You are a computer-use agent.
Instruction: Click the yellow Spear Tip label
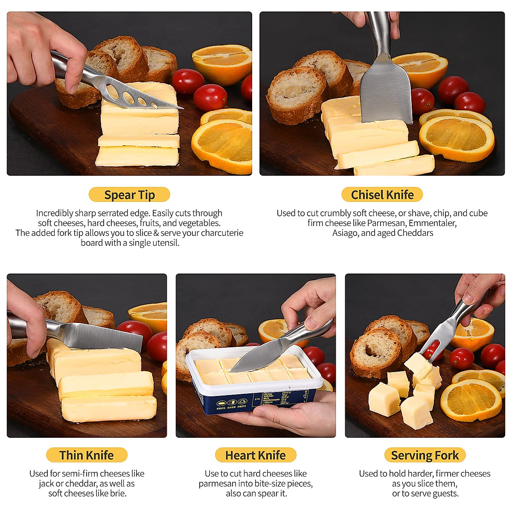[129, 195]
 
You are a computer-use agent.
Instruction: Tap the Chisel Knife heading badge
[382, 195]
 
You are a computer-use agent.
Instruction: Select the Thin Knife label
[87, 455]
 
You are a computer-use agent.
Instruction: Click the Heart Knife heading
[255, 455]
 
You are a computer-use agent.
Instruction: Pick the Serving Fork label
[425, 455]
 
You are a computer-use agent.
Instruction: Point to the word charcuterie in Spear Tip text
[222, 233]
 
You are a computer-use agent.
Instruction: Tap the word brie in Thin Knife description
[118, 493]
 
